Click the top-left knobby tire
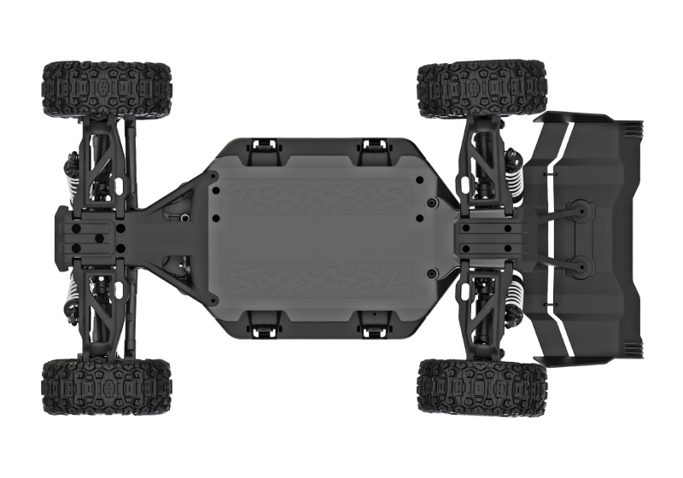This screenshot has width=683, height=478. (107, 88)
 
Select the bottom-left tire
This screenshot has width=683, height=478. (107, 386)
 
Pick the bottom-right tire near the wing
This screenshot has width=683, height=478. (482, 387)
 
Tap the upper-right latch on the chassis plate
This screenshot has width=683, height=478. (372, 149)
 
